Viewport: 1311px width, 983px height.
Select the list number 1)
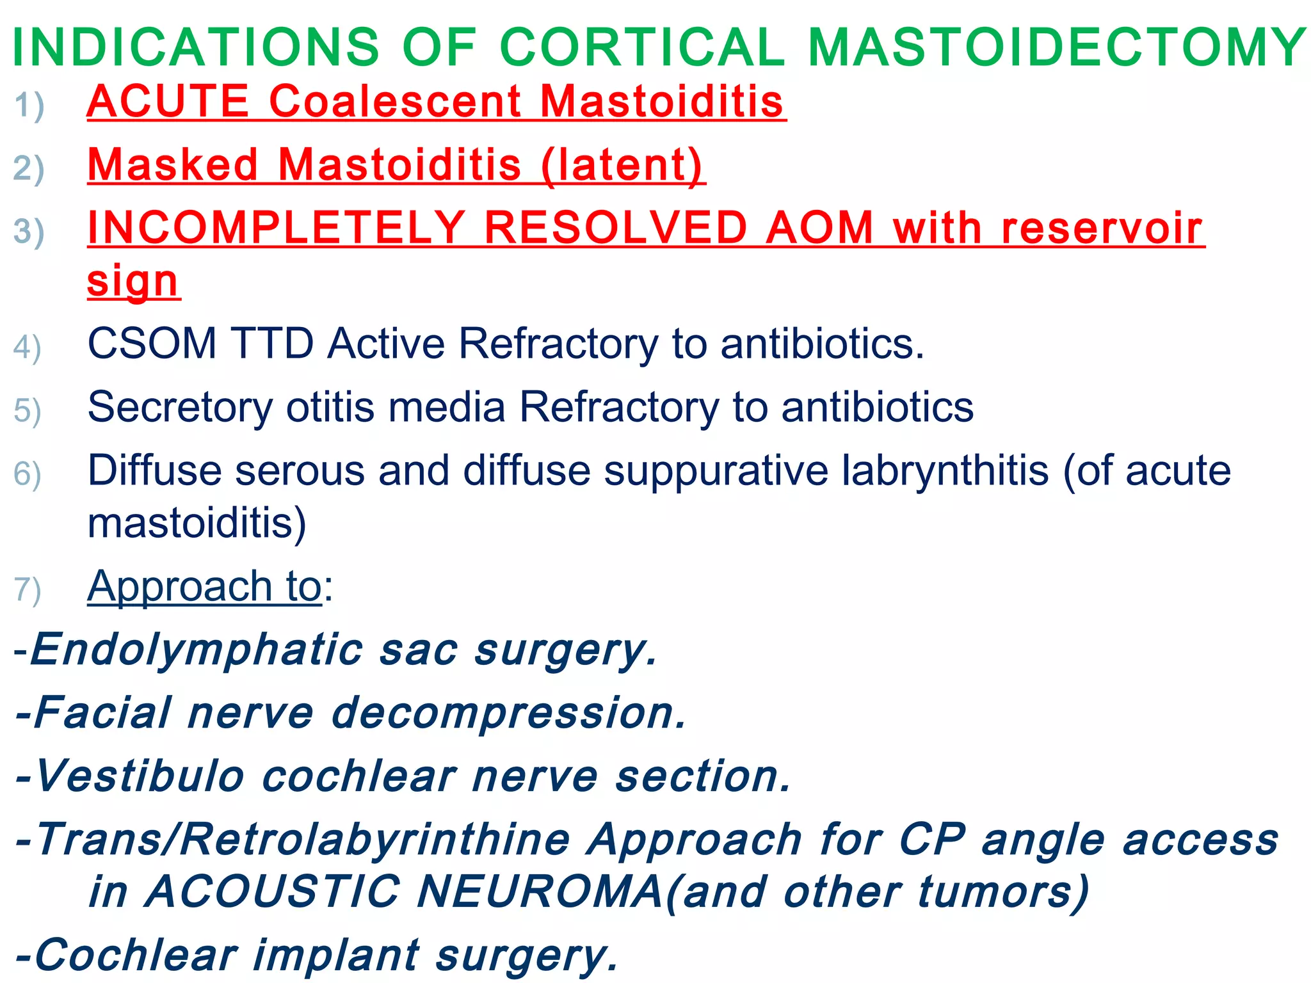click(x=29, y=106)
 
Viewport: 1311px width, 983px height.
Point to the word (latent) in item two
click(x=622, y=166)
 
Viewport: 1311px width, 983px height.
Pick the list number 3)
click(x=29, y=232)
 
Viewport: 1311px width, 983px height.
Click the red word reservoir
click(x=1102, y=228)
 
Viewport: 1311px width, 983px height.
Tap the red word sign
click(x=133, y=281)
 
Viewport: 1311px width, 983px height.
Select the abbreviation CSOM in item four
click(x=152, y=344)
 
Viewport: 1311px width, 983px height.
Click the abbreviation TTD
click(x=273, y=344)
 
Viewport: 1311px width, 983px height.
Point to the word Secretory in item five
click(x=179, y=408)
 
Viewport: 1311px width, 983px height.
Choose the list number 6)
click(x=28, y=474)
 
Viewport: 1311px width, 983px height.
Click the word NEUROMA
click(x=540, y=891)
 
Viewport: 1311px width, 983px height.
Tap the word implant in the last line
click(x=336, y=955)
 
